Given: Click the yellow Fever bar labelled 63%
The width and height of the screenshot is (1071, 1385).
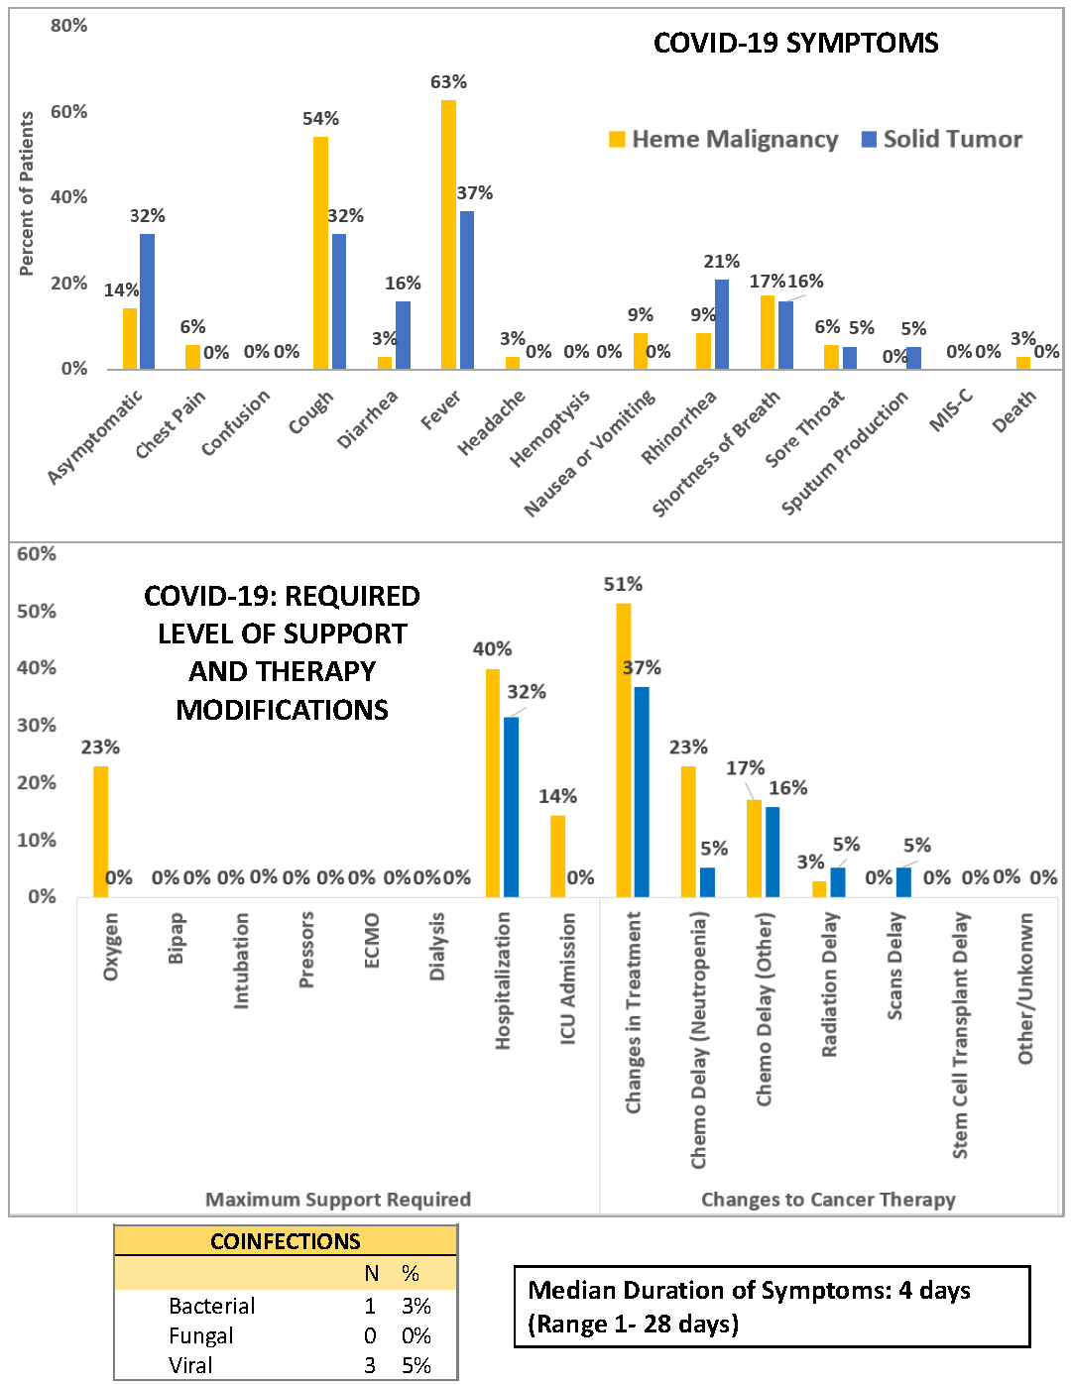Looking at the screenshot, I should [448, 234].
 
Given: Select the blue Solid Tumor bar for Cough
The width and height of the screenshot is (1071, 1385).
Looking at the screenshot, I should [339, 301].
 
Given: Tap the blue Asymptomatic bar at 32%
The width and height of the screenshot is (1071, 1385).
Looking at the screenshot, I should [147, 301].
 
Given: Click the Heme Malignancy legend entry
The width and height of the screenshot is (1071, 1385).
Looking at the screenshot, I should [724, 140].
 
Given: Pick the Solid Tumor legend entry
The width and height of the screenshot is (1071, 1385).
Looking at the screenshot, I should [942, 140].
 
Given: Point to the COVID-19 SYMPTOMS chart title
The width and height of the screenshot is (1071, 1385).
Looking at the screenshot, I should [795, 44].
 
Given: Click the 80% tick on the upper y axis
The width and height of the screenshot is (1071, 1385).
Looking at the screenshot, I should [68, 26].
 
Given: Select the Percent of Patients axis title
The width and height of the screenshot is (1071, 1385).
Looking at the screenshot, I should [27, 193].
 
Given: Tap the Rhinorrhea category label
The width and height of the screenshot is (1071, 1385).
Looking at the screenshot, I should [679, 427].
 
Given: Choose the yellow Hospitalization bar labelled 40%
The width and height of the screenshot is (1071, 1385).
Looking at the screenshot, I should [492, 783].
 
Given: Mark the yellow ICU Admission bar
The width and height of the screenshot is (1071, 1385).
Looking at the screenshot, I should [557, 857].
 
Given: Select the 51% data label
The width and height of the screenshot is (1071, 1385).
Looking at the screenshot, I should [623, 585].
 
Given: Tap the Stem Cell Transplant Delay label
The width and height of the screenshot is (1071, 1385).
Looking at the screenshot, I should [960, 1035].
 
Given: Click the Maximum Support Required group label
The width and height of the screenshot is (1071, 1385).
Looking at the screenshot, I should [337, 1200].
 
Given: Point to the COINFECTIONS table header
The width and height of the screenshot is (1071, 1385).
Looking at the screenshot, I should [286, 1241].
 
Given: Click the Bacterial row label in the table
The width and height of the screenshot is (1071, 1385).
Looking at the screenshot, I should [211, 1306].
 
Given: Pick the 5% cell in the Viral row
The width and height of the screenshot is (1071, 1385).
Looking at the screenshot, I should [416, 1365].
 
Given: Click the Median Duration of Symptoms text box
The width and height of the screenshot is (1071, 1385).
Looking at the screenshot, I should [772, 1307].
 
